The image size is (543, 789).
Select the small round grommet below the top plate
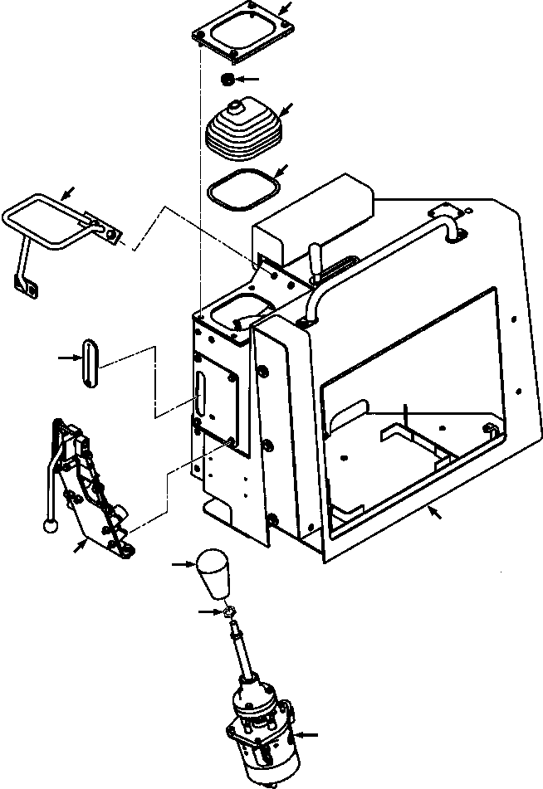(226, 79)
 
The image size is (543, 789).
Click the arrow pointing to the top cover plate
(285, 9)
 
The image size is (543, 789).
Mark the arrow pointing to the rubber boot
(285, 110)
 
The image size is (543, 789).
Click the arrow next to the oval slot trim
(66, 358)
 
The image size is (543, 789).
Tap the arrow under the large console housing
(434, 514)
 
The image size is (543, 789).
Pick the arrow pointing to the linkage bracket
(80, 545)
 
